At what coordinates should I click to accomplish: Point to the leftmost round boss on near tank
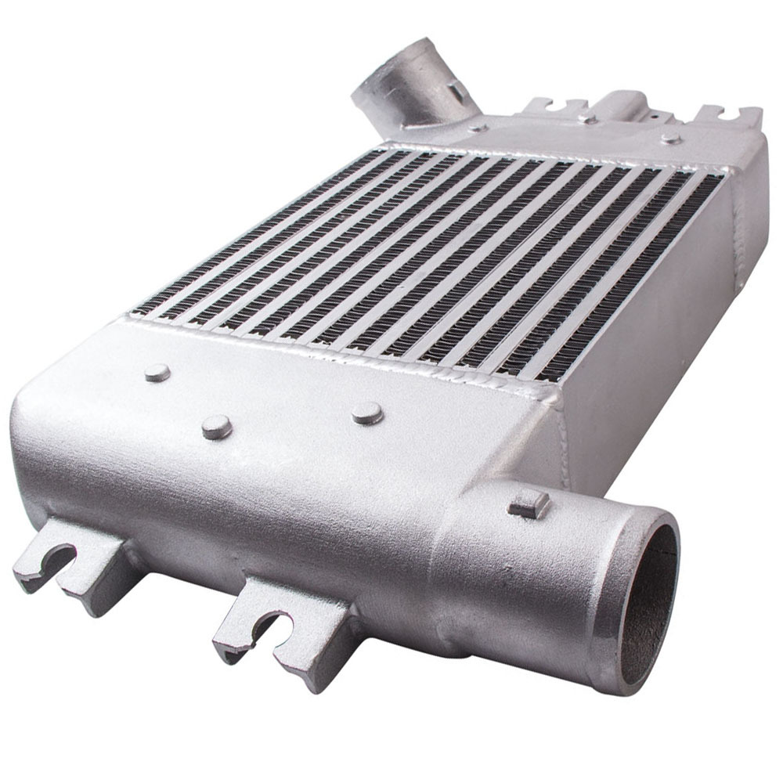(157, 373)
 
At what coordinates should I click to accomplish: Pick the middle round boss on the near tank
(217, 427)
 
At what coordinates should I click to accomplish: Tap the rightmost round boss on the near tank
(367, 413)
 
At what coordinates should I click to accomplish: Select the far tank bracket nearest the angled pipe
(556, 107)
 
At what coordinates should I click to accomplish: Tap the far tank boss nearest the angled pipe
(478, 127)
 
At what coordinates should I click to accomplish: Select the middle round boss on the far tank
(586, 119)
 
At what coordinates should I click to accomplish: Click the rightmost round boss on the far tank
(670, 139)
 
